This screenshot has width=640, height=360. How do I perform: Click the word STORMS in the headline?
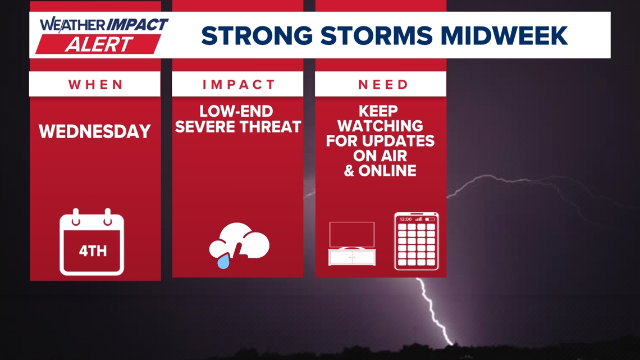point(376,35)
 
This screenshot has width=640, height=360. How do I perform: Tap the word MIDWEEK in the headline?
point(505,35)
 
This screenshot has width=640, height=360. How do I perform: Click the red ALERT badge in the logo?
point(98,44)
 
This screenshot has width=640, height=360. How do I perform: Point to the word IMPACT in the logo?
point(136,25)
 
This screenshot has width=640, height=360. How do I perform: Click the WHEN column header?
point(95,84)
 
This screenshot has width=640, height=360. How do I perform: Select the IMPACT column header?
point(238,84)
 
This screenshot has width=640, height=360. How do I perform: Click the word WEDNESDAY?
point(95,131)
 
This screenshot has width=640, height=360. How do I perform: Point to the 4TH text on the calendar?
point(92,250)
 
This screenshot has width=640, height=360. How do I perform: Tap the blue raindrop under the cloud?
point(223,261)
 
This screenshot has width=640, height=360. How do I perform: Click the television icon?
point(351,243)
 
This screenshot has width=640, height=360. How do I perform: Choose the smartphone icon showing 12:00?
point(416,241)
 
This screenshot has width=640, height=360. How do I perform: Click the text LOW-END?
point(236,111)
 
